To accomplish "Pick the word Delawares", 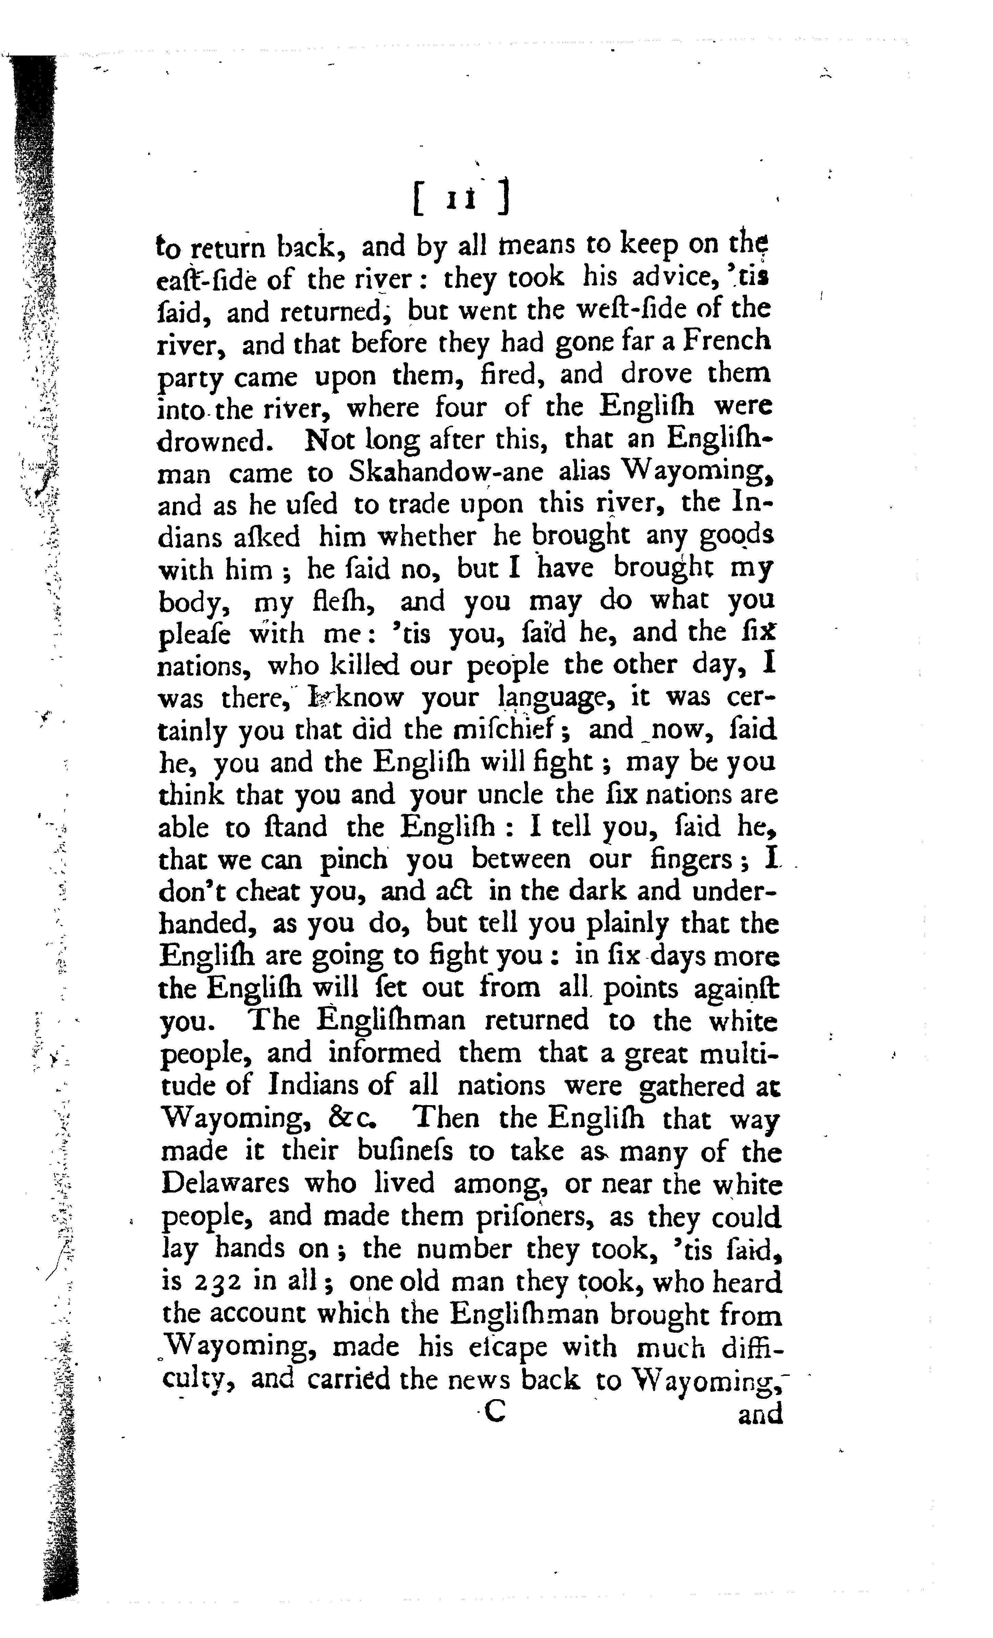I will coord(225,1184).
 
